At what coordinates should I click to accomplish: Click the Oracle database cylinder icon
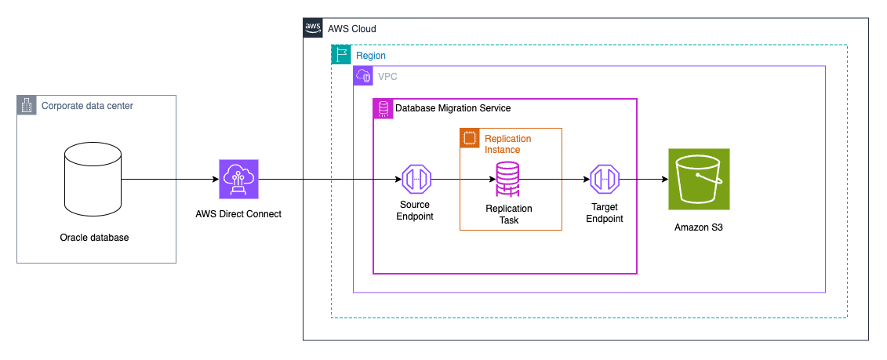93,180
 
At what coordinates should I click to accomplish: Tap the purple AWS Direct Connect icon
238,180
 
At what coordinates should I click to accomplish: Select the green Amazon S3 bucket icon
700,180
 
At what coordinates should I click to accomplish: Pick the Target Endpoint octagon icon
605,180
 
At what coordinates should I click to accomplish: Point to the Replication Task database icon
509,179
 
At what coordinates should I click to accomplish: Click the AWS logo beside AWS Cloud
312,27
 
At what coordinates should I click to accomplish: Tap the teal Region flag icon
340,54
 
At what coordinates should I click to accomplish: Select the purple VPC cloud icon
362,75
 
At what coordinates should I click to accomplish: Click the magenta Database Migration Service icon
383,108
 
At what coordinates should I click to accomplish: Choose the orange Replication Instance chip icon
469,137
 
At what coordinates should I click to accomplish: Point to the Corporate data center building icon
26,105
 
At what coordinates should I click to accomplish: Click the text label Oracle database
94,238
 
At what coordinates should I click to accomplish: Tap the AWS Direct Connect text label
238,214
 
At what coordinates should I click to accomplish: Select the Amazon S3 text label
699,227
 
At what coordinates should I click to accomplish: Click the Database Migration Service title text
453,108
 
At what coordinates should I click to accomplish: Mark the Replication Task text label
509,215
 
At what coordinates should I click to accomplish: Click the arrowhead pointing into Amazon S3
664,180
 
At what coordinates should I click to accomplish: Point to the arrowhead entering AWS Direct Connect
215,180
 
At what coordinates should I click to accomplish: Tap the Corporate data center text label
88,105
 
